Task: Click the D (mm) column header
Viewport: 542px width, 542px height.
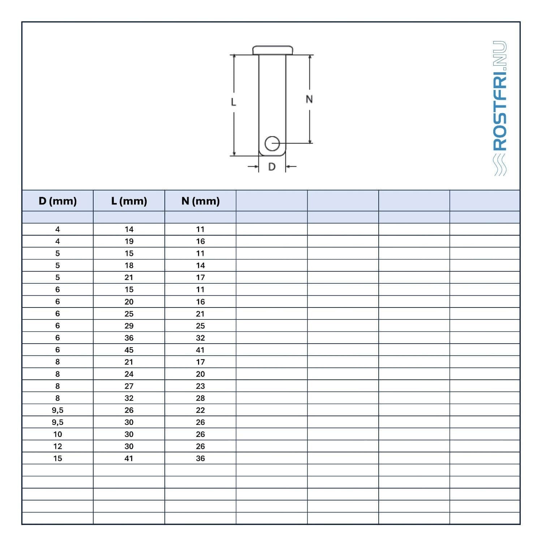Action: [x=57, y=201]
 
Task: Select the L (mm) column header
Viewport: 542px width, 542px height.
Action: [x=129, y=201]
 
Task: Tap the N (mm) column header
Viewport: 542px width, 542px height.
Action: [x=201, y=201]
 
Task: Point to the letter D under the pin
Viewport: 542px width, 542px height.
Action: [x=272, y=167]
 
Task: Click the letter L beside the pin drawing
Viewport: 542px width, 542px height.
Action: [x=233, y=102]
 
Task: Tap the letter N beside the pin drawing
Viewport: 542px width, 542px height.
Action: [x=309, y=99]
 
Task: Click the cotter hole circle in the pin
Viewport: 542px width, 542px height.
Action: [x=272, y=143]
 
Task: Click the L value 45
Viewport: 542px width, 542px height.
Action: [x=129, y=350]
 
